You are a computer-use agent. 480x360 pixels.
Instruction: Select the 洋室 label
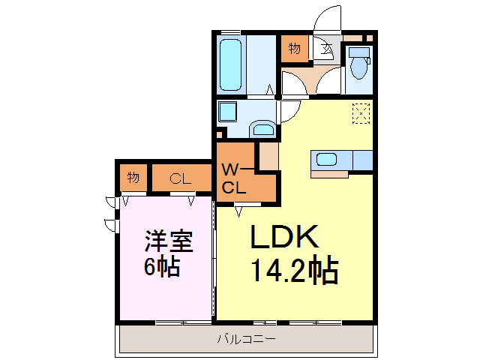point(169,241)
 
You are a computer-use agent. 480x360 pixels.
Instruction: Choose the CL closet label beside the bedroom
point(180,178)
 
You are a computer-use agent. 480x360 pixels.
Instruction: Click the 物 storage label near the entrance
point(294,49)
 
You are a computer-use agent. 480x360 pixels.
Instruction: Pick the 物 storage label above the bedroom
point(133,178)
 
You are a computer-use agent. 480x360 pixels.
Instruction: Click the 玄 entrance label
point(327,51)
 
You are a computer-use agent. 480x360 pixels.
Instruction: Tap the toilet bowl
point(358,68)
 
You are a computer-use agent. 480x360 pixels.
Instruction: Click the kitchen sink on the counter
point(327,159)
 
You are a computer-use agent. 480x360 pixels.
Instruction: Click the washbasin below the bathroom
point(263,127)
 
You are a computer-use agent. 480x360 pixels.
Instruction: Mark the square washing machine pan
point(227,113)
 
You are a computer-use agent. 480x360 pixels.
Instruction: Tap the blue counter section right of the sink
point(362,160)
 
